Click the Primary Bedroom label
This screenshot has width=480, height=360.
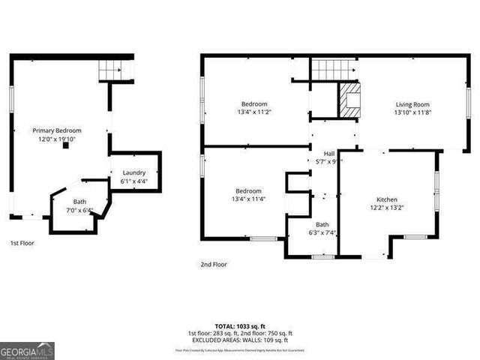coord(56,130)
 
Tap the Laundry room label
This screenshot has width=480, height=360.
coord(134,172)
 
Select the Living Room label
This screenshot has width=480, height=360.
coord(412,104)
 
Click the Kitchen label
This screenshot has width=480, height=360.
coord(387,199)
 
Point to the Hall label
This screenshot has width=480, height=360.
coord(328,152)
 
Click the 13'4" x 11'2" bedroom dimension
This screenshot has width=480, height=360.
coord(253,112)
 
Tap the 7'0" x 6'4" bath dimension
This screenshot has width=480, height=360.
coord(79,210)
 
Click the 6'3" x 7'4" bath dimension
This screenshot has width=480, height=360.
coord(322,233)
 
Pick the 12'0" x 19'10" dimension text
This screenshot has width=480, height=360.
coord(56,139)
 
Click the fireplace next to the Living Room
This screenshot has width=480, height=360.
coord(349,100)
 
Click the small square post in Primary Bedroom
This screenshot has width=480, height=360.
coord(66,147)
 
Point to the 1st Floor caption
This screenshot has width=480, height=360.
coord(22,243)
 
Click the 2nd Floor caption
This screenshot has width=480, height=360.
coord(214,264)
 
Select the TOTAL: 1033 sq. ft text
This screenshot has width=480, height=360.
coord(240,326)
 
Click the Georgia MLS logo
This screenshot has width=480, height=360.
coord(27,350)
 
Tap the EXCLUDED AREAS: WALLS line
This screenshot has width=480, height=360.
coord(240,340)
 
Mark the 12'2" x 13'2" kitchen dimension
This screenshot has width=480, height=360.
coord(387,208)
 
